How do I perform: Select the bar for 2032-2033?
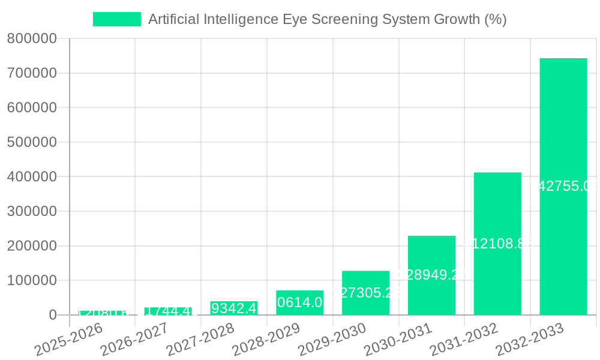pos(563,187)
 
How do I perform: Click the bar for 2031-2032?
pos(497,244)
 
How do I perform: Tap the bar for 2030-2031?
pos(431,275)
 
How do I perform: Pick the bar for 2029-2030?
pos(365,293)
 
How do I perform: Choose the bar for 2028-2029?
pos(299,303)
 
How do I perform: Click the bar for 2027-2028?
pos(234,308)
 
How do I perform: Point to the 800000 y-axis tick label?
pos(31,39)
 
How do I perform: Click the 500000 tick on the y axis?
pos(31,143)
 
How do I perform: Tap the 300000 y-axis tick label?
pos(31,212)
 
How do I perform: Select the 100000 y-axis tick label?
pos(31,281)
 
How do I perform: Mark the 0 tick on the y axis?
pos(53,316)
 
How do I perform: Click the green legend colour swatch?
pos(117,19)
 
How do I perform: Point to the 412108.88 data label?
pos(497,244)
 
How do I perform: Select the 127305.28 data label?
pos(365,293)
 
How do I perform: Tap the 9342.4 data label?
pos(234,308)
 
